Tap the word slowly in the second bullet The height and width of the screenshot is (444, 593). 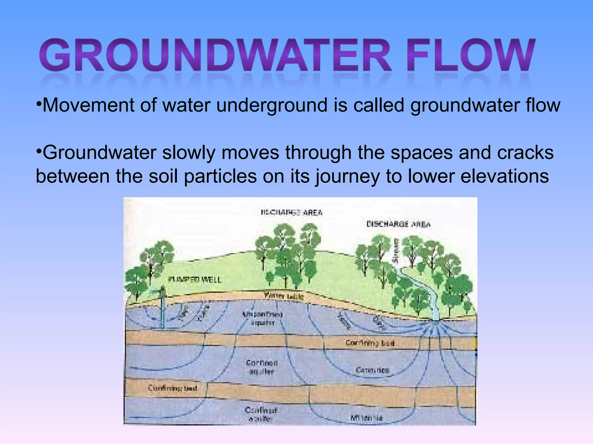(188, 153)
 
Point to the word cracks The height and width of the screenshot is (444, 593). (525, 153)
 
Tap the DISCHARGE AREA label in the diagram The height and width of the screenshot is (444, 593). (398, 224)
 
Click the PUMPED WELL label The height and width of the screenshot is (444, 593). (195, 280)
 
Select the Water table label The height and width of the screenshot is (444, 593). (283, 296)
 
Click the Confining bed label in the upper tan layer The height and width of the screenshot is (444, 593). (370, 343)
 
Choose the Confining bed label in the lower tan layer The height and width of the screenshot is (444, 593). (173, 388)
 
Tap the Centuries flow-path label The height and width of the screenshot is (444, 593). (372, 370)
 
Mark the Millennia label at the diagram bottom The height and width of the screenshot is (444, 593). (366, 418)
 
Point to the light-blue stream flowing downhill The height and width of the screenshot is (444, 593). (426, 292)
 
